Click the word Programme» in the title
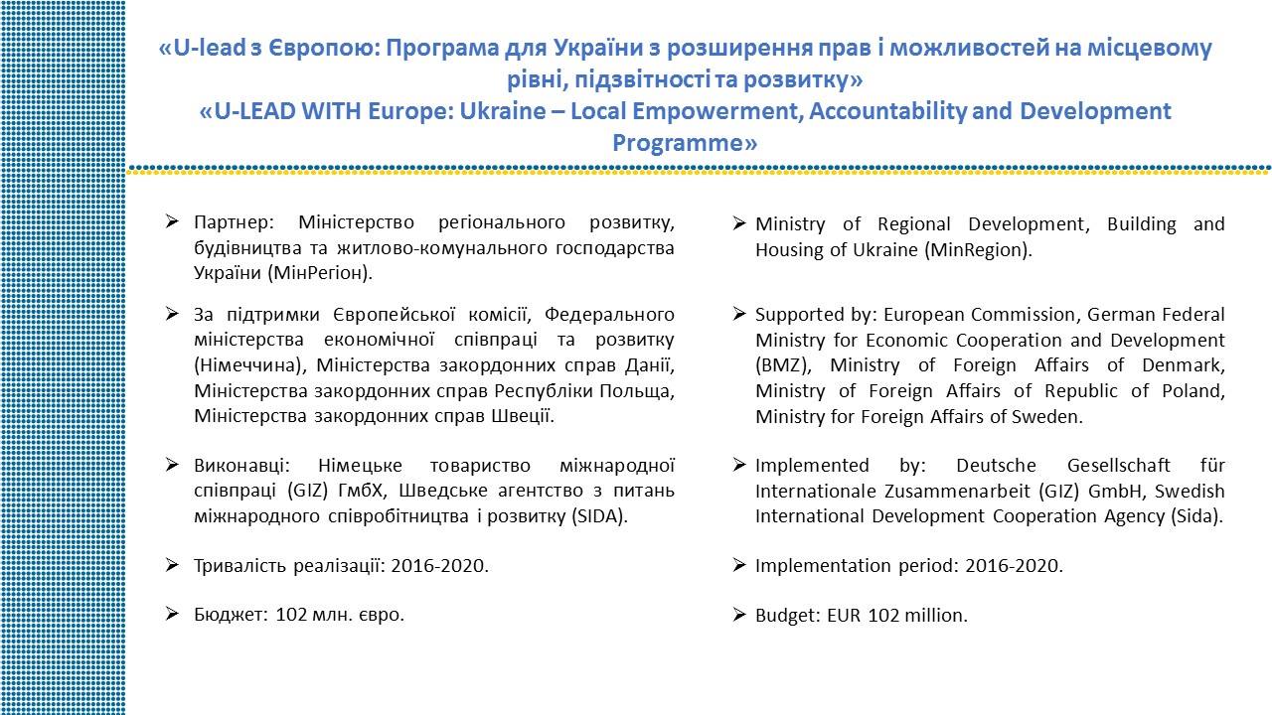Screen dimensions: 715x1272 [x=685, y=142]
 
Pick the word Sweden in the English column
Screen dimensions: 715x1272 [x=1050, y=417]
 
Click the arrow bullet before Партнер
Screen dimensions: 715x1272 [x=172, y=220]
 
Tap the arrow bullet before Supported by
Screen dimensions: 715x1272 [x=738, y=314]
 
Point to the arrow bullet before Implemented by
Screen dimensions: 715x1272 [x=738, y=465]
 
